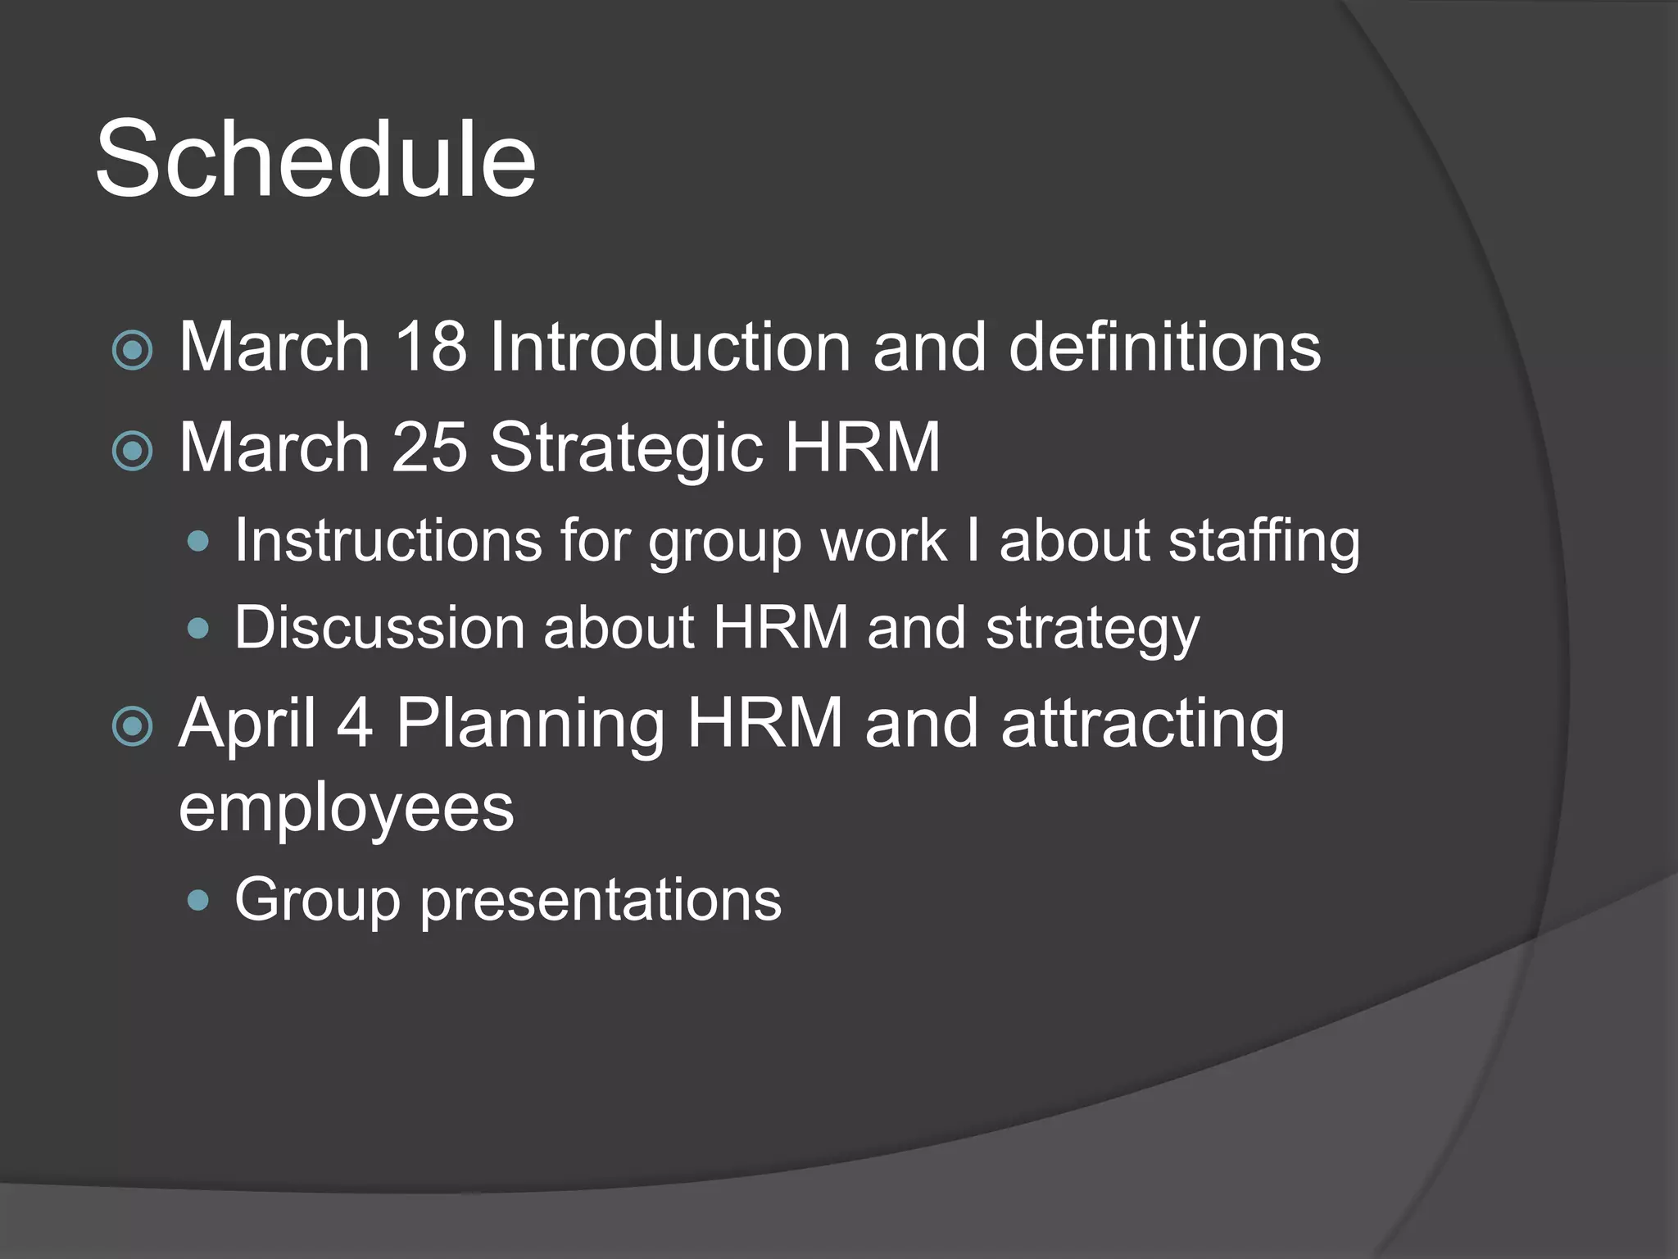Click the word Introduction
click(x=669, y=347)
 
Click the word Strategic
click(x=626, y=449)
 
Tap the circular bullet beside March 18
click(x=132, y=350)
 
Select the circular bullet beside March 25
click(x=132, y=450)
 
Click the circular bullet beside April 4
click(x=132, y=726)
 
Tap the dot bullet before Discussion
click(x=198, y=629)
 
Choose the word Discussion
click(x=379, y=628)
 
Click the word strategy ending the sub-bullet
click(x=1091, y=629)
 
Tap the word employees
click(x=346, y=810)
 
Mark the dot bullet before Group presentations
click(x=198, y=901)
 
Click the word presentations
click(x=601, y=901)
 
